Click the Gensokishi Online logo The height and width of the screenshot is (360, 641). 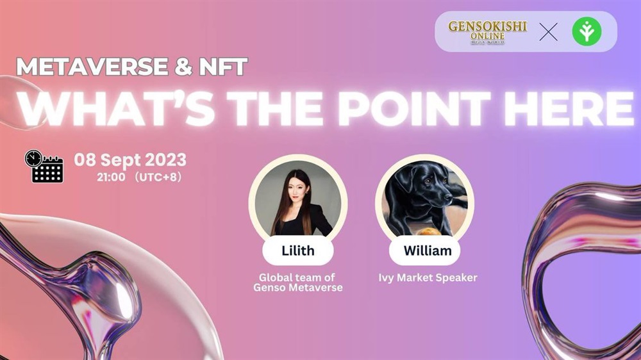[487, 32]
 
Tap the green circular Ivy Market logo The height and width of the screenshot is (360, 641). [587, 31]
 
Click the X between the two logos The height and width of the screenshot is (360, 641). [548, 32]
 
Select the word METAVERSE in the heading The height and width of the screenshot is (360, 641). [92, 67]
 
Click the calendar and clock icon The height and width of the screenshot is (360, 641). [44, 167]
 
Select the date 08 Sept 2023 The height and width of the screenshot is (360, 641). [130, 160]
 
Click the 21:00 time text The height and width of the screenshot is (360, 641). [111, 177]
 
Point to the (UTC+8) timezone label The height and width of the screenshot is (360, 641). [158, 177]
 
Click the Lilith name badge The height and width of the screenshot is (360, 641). [298, 250]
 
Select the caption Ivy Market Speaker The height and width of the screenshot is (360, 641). [428, 278]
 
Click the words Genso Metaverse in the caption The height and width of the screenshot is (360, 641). [298, 288]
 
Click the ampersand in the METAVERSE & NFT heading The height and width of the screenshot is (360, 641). [183, 67]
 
